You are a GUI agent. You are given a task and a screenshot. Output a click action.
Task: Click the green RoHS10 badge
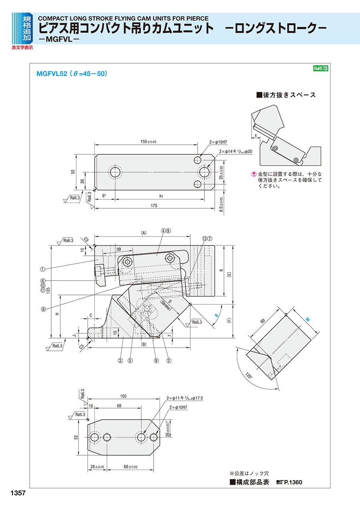point(320,68)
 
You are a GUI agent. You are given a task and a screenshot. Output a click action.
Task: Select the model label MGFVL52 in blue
point(51,74)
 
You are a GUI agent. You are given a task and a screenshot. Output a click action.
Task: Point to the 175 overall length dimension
point(154,205)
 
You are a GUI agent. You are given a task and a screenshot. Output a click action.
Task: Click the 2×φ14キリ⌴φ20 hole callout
point(236,151)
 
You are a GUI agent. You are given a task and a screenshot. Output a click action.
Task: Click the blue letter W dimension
point(308,319)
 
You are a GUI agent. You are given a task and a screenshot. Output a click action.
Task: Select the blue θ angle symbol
point(216,315)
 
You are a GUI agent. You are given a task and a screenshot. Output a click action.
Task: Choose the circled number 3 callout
point(120,360)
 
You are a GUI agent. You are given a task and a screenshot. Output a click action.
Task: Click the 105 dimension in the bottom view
point(123,396)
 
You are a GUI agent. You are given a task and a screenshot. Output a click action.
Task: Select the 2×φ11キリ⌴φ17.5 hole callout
point(185,398)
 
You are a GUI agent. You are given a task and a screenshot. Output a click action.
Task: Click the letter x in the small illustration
point(256,135)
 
